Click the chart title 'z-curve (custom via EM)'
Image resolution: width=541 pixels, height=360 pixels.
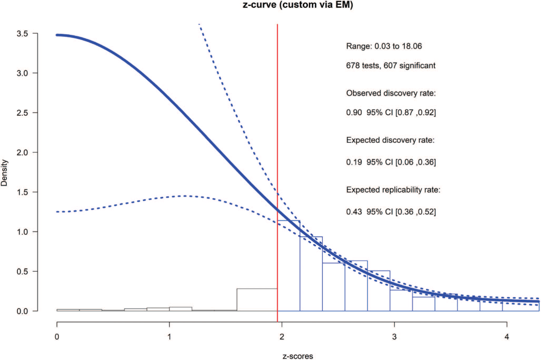tap(270, 6)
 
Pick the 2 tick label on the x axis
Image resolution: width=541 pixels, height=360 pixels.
tap(282, 336)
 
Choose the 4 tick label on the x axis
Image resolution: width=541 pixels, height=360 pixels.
tap(507, 336)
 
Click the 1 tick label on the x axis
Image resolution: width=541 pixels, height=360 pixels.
tap(169, 336)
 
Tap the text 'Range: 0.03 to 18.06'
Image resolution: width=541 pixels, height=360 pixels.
tap(384, 47)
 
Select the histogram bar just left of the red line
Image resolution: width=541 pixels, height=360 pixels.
tap(257, 300)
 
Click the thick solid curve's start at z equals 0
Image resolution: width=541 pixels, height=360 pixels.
tap(58, 35)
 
